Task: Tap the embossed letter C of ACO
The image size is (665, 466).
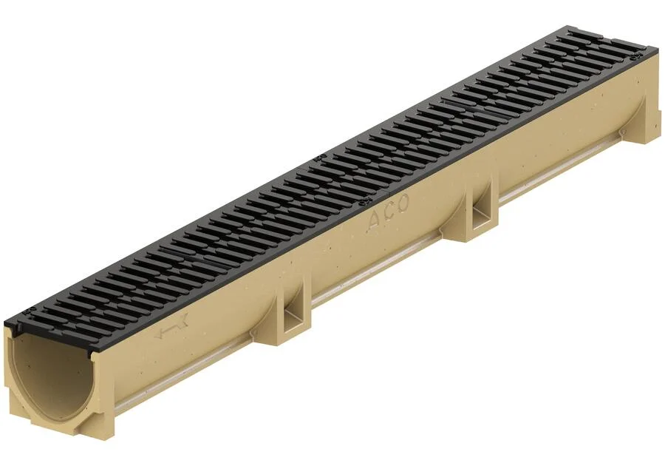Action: tap(389, 212)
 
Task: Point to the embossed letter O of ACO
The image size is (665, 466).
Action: tap(403, 203)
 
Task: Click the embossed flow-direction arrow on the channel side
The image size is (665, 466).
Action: tap(171, 331)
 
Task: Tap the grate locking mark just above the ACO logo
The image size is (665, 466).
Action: tap(364, 203)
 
